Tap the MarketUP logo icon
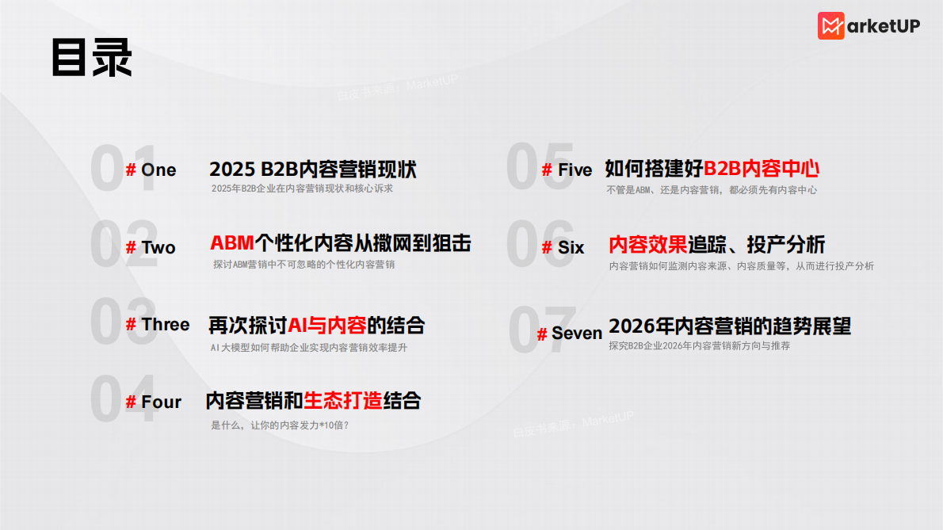(831, 26)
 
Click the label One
(158, 170)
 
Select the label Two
(158, 248)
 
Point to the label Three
(166, 325)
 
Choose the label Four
(162, 402)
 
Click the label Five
(575, 170)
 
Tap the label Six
(571, 248)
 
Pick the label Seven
(577, 334)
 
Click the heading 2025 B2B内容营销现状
(313, 170)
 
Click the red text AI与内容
(327, 325)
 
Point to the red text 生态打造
(343, 401)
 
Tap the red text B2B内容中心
(762, 168)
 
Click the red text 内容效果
(647, 245)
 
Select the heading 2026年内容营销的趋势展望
(729, 326)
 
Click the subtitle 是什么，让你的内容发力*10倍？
(280, 425)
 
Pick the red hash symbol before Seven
(542, 334)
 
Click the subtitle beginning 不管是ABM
(712, 190)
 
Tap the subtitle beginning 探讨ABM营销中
(304, 265)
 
